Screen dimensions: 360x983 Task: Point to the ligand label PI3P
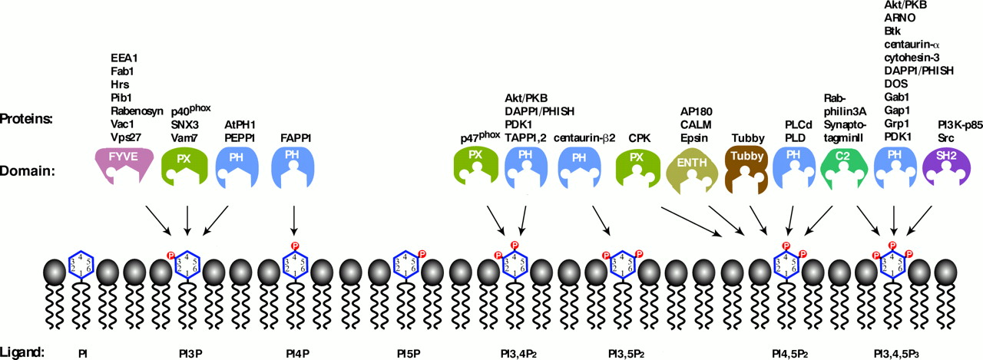click(x=189, y=354)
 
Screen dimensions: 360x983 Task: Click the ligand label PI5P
click(x=408, y=354)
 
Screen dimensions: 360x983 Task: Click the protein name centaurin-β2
click(x=579, y=139)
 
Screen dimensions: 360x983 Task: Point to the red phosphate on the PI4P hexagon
click(x=294, y=246)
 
